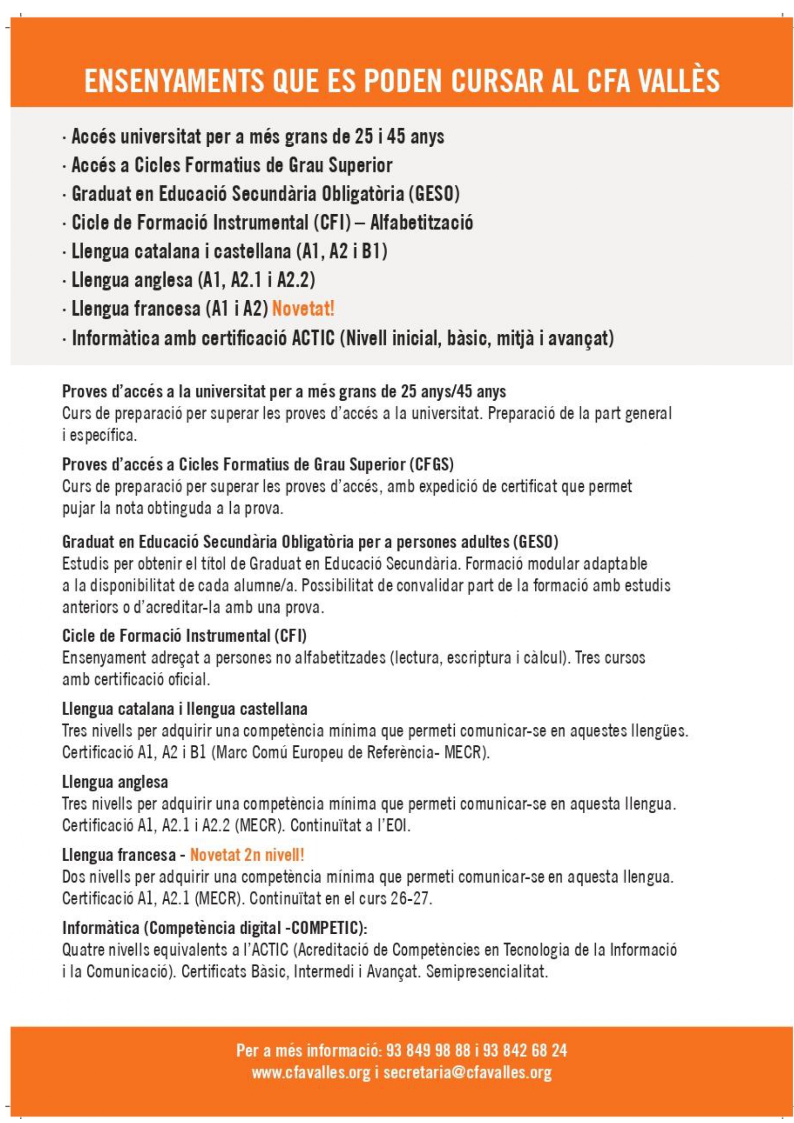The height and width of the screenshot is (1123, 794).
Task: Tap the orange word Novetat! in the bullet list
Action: pyautogui.click(x=303, y=309)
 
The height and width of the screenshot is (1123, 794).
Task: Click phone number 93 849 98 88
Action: pyautogui.click(x=428, y=1051)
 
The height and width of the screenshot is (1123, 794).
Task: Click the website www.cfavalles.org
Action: pyautogui.click(x=311, y=1073)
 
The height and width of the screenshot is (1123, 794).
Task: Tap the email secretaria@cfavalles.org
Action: pyautogui.click(x=467, y=1073)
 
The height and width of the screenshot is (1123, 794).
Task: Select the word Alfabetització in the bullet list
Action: pyautogui.click(x=422, y=223)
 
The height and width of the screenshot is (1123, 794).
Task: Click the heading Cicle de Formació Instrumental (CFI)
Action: pyautogui.click(x=184, y=636)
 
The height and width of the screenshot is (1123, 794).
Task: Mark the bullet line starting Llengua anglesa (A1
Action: pyautogui.click(x=193, y=280)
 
